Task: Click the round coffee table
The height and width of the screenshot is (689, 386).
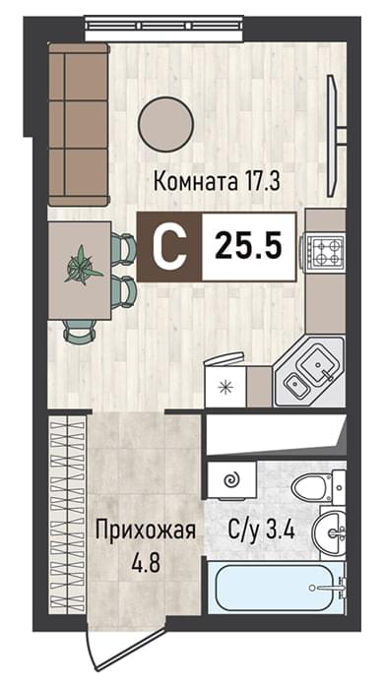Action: coord(165,123)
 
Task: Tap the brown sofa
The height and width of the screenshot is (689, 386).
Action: coord(79,124)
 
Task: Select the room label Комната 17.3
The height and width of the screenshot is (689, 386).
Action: coord(217,181)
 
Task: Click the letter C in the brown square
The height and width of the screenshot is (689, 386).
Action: coord(169,247)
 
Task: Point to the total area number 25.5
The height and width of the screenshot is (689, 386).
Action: coord(248,246)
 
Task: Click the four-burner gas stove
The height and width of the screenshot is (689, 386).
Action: coord(324,250)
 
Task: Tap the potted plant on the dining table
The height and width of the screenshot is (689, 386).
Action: coord(83,265)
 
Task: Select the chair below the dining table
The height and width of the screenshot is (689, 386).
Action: coord(80,331)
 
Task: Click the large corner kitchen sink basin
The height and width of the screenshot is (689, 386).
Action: coord(318,363)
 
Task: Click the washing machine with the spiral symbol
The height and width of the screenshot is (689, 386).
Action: coord(231,480)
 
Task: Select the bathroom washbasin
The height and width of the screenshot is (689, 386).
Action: coord(329,533)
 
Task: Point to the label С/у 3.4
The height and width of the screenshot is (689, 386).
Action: coord(261,531)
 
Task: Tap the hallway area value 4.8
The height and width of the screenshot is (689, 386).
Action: coord(146,562)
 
